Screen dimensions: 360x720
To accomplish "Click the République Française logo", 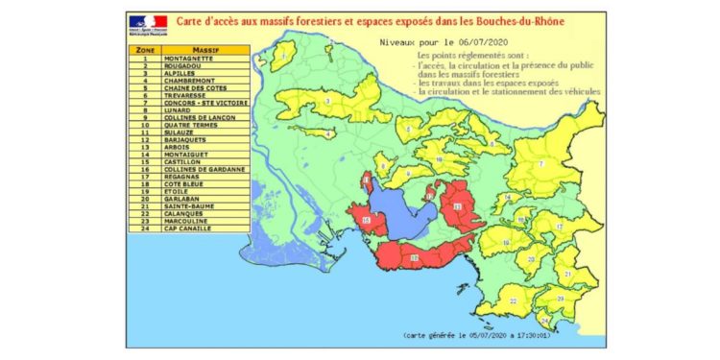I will coord(147,23).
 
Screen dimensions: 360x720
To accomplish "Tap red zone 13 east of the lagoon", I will coord(458,207).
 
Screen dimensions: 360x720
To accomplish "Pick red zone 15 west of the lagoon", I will coord(367,223).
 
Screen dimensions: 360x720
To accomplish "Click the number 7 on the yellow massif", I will coord(540,164).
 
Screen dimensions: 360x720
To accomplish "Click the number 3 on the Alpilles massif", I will coord(328,100).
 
